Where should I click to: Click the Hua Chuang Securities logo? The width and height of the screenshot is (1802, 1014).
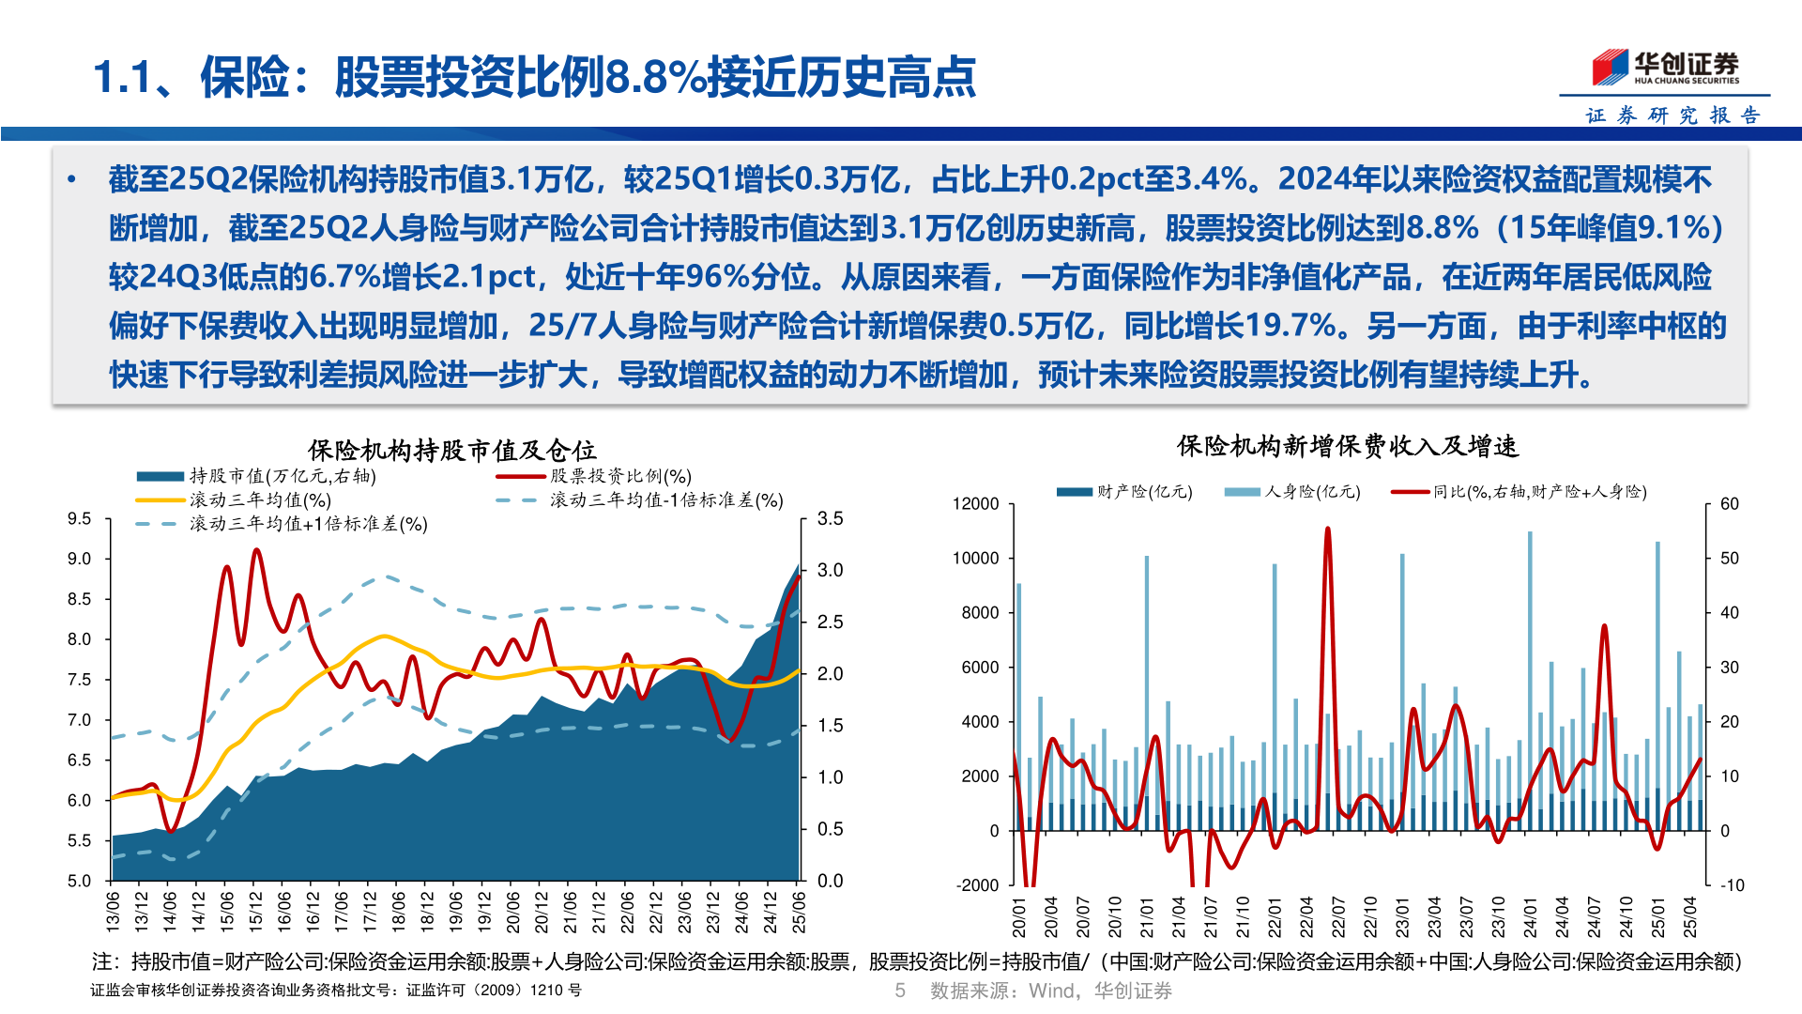(x=1665, y=67)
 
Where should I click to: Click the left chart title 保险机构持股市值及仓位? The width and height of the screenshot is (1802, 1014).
(x=451, y=451)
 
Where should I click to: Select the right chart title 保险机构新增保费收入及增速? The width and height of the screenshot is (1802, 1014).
(x=1348, y=446)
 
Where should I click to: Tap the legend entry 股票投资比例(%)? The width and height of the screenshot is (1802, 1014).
(x=620, y=477)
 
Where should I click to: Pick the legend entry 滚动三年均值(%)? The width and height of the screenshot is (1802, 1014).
(x=260, y=500)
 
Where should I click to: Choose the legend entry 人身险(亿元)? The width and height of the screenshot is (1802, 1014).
(x=1312, y=492)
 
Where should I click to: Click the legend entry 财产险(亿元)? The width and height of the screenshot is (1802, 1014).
(x=1144, y=492)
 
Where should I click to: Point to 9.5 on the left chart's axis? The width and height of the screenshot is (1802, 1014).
(x=79, y=518)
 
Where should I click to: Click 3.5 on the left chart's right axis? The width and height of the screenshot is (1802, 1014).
(x=830, y=518)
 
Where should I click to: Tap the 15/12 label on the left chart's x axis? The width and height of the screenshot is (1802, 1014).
(x=255, y=911)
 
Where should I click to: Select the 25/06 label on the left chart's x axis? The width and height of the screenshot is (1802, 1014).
(x=799, y=911)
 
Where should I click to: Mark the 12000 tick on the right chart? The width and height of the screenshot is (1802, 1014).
(x=975, y=504)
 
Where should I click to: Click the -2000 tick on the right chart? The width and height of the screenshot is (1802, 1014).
(x=977, y=885)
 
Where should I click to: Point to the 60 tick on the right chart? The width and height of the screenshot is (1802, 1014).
(x=1729, y=504)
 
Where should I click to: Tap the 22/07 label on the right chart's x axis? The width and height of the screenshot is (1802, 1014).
(x=1338, y=916)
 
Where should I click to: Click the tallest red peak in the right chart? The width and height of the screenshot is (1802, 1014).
(x=1327, y=530)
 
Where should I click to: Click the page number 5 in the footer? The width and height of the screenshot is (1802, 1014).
(x=900, y=991)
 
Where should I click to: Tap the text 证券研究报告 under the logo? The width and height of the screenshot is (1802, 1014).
(x=1672, y=115)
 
